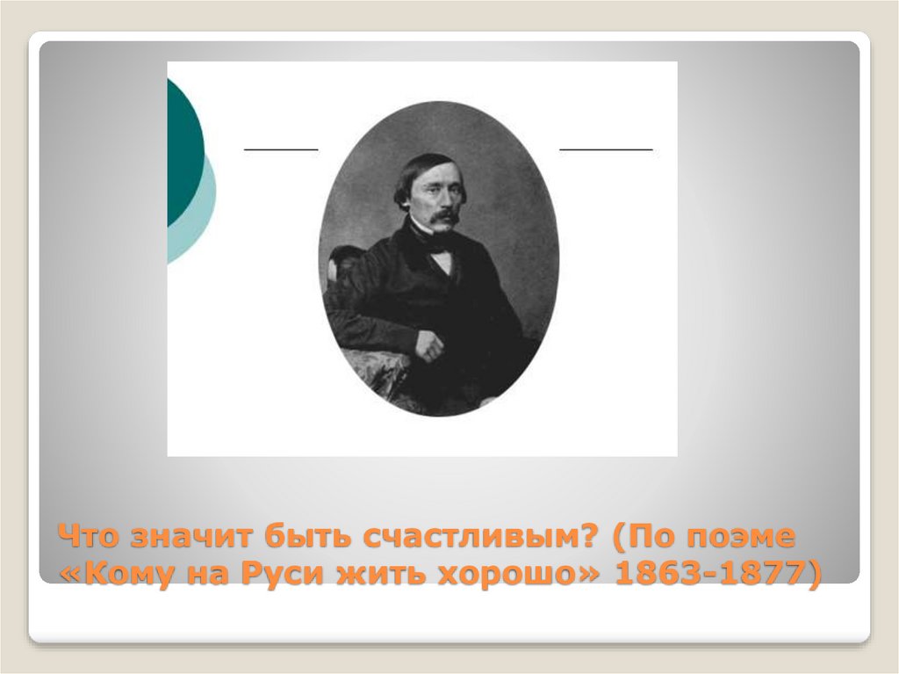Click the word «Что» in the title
[93, 537]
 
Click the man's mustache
[444, 214]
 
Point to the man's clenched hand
[430, 345]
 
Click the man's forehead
[435, 172]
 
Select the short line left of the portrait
[280, 150]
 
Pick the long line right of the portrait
[606, 150]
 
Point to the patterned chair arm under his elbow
[373, 369]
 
